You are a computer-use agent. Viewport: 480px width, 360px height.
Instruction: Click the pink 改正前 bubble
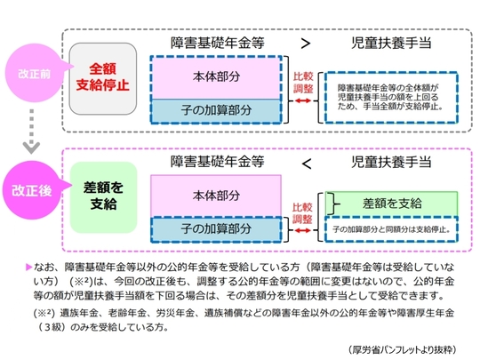point(34,73)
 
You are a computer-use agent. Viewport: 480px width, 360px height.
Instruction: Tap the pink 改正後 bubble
point(32,190)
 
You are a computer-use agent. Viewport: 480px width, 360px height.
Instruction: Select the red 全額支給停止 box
point(103,79)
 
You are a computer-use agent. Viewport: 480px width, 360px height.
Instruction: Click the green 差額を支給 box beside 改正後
point(103,197)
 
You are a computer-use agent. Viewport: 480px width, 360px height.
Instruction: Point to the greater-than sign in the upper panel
point(306,44)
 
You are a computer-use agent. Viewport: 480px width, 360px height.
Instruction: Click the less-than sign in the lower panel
point(307,164)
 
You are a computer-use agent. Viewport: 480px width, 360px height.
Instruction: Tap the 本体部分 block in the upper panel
point(216,77)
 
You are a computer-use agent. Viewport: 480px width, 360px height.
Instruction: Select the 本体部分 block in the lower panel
point(216,196)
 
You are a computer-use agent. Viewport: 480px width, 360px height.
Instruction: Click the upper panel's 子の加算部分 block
point(216,111)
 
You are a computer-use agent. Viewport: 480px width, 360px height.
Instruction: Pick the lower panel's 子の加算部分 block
point(216,229)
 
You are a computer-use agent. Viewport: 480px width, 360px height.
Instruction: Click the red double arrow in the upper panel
point(303,100)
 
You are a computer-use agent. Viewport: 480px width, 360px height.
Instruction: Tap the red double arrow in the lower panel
point(302,230)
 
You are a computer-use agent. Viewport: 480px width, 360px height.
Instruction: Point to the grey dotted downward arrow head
point(31,148)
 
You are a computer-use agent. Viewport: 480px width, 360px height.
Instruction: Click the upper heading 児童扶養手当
point(391,43)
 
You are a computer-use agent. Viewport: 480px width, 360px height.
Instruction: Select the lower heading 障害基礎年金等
point(218,162)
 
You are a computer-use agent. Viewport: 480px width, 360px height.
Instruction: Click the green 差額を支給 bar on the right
point(391,204)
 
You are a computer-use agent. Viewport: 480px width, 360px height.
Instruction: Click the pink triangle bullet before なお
point(28,268)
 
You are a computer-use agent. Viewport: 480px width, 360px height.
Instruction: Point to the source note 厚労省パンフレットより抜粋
point(403,349)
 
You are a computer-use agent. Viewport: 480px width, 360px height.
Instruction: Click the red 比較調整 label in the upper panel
point(303,83)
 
